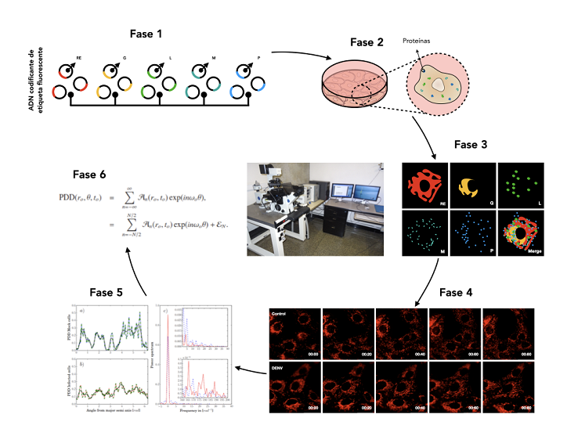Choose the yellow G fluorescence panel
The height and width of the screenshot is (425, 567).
pyautogui.click(x=472, y=185)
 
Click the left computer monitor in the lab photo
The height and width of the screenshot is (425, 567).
pyautogui.click(x=341, y=192)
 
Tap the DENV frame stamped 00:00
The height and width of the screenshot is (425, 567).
pyautogui.click(x=294, y=387)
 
